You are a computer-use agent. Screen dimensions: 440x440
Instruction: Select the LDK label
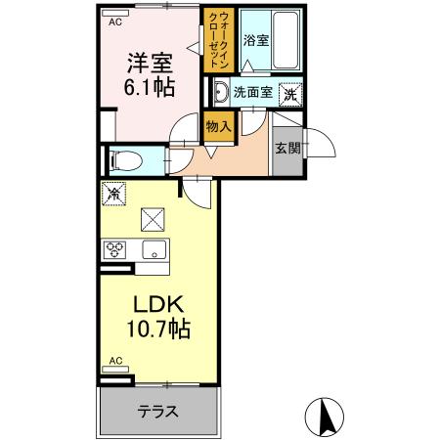coord(151,301)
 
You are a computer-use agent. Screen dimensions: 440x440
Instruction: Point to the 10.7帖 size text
coord(151,328)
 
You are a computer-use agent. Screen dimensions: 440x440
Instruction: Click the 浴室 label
coord(256,42)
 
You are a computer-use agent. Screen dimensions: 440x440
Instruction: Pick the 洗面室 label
coord(252,94)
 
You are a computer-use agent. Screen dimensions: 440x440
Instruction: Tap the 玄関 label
coord(287,149)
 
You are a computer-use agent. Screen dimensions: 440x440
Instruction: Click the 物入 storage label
coord(218,126)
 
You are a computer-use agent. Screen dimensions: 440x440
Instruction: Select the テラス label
coord(157,411)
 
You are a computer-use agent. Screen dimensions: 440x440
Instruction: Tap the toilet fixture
coord(128,158)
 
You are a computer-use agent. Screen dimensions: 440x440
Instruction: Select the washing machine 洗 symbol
coord(289,94)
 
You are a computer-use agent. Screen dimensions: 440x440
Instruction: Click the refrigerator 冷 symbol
coord(113,194)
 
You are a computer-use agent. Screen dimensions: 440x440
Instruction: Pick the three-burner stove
coord(115,247)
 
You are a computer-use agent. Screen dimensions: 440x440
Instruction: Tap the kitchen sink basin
coord(154,248)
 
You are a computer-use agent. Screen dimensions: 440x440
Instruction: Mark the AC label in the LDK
coord(115,361)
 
